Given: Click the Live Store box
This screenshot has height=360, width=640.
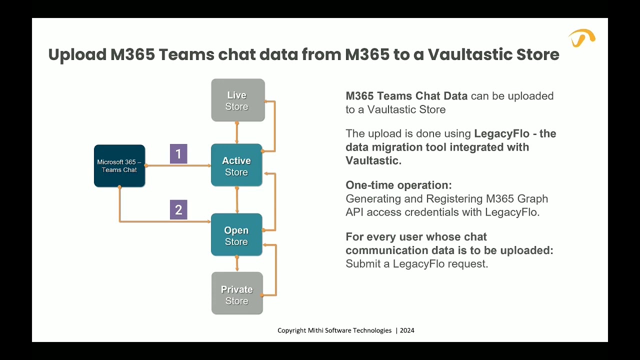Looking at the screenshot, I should coord(237,100).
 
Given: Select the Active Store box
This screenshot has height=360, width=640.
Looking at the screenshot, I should coord(236,165).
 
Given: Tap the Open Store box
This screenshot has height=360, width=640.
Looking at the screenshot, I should coord(236,235).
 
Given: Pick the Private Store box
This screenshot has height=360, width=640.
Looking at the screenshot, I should coord(237,293).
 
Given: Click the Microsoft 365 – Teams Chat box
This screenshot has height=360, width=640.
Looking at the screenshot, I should coord(119,166).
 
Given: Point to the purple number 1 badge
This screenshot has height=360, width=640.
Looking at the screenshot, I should coord(178,154).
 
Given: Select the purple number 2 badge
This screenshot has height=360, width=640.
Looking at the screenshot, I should coord(178,210).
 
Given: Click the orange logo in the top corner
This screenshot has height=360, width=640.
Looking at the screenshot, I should coord(581,38).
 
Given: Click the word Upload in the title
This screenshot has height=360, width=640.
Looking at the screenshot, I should coord(76,54).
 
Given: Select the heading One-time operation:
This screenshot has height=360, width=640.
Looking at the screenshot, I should coord(398,185).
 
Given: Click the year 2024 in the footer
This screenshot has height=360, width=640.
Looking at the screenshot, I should coord(407,330).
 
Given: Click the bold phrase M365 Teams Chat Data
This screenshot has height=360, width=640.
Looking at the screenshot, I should coord(406,96).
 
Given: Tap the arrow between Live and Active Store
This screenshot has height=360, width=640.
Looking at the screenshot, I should coord(237,132).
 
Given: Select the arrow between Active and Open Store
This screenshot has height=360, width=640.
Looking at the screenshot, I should coord(237,200).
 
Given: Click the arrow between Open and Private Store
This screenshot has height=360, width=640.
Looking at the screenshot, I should coord(237,263).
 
